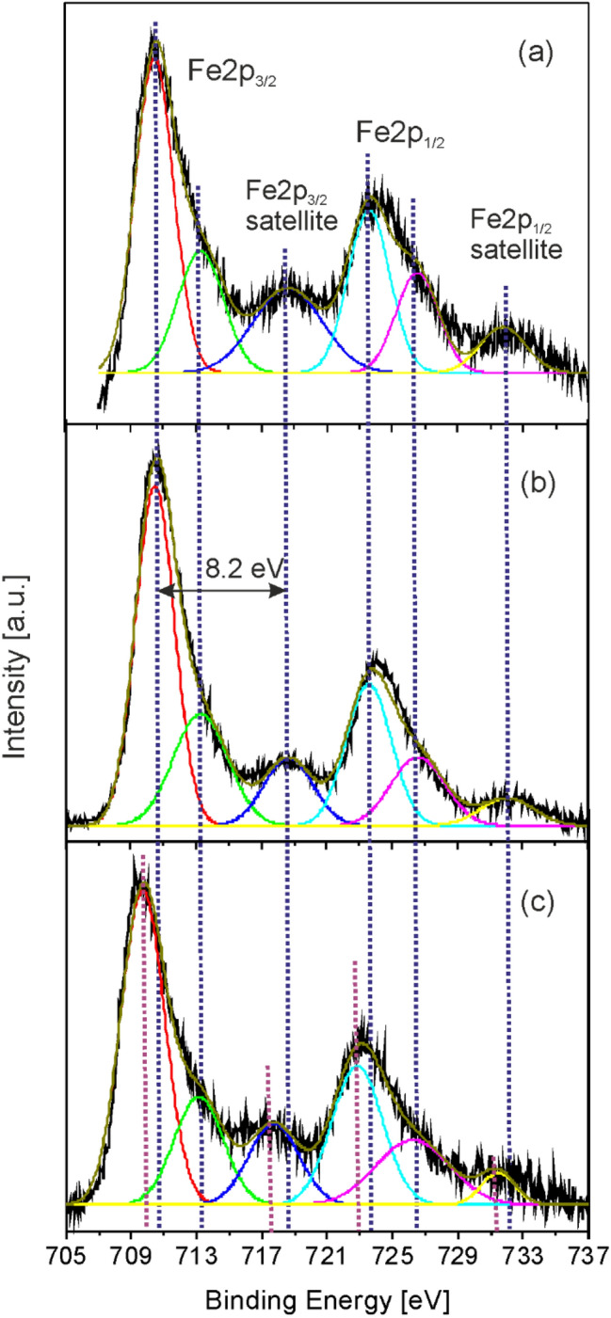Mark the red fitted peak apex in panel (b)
click(155, 485)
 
